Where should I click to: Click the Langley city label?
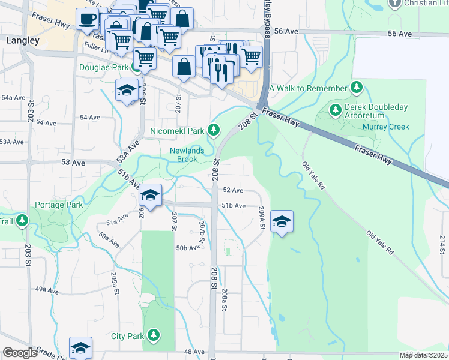[x=22, y=41]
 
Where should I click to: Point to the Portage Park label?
[x=59, y=205]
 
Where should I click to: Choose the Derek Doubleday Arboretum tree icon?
[x=335, y=109]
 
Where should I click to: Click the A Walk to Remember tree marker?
[x=357, y=88]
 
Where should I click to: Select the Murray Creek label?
[x=386, y=127]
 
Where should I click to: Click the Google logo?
[x=20, y=353]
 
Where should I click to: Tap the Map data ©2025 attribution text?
[x=424, y=355]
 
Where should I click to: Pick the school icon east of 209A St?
[x=282, y=221]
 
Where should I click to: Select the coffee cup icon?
[x=87, y=19]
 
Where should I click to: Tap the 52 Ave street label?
[x=232, y=190]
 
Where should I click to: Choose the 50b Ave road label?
[x=188, y=247]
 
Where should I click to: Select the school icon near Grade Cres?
[x=80, y=347]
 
